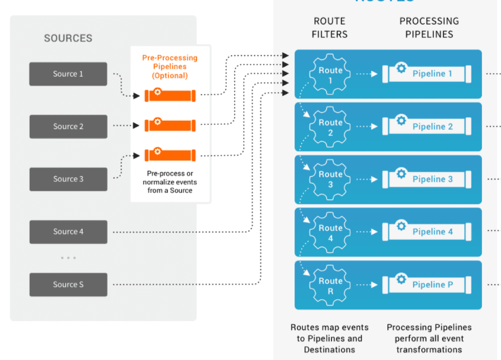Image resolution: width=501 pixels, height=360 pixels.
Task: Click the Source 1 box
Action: click(x=68, y=74)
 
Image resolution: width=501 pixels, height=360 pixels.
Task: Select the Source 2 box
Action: click(x=68, y=127)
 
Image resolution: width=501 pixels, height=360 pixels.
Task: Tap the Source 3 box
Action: click(x=68, y=179)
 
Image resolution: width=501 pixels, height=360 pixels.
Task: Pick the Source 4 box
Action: click(x=68, y=232)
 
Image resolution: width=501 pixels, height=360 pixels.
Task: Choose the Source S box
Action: click(x=68, y=284)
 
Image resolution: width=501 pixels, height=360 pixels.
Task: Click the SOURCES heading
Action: click(x=68, y=39)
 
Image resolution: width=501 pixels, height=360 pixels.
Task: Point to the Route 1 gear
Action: click(x=331, y=74)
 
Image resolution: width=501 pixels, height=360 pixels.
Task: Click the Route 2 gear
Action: click(x=331, y=127)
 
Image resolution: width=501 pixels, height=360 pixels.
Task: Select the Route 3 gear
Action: click(x=331, y=179)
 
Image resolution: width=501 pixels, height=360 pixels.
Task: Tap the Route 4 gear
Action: click(x=331, y=232)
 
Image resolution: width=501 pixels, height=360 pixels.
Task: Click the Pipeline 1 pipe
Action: click(x=427, y=74)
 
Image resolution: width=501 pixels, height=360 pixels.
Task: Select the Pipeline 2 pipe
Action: click(x=427, y=127)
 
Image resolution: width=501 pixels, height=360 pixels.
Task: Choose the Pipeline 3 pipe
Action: click(x=427, y=179)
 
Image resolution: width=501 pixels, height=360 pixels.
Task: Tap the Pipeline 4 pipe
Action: click(x=427, y=232)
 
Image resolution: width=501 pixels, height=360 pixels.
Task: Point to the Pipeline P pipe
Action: click(x=427, y=285)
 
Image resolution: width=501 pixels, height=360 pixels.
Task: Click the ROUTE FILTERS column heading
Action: click(x=330, y=27)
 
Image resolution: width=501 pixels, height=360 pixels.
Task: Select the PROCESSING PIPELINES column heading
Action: click(x=429, y=27)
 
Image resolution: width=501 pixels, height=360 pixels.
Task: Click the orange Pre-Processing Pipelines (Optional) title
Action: click(x=170, y=67)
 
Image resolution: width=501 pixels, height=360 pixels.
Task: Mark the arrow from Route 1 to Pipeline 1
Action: click(x=366, y=74)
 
